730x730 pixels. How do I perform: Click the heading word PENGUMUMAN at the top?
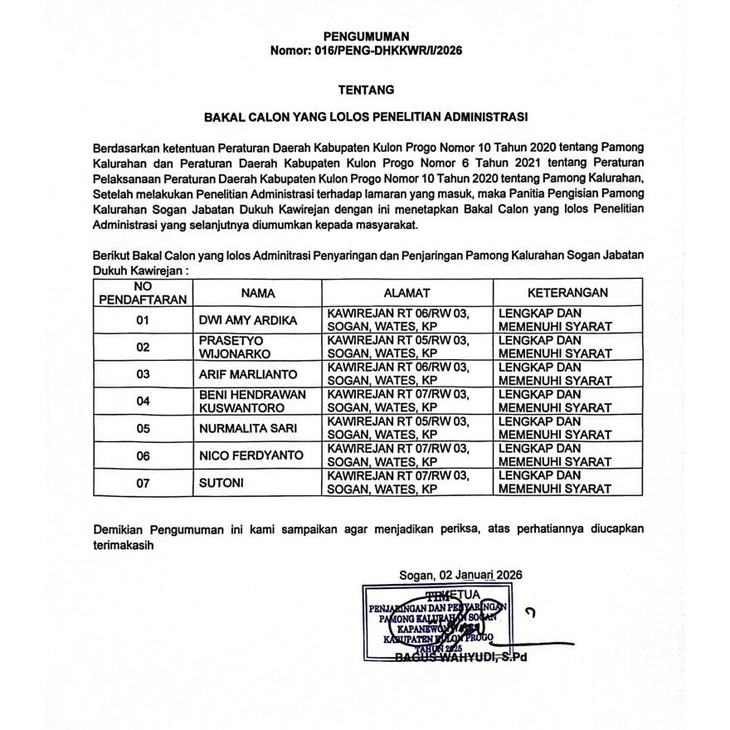366,36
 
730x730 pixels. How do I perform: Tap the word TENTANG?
366,89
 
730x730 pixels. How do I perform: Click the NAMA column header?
258,293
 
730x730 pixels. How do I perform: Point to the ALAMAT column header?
406,293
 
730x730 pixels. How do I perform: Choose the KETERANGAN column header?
567,293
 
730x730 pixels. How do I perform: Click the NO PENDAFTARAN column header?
143,293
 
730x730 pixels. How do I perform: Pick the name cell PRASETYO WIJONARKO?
229,347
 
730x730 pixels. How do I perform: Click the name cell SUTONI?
221,483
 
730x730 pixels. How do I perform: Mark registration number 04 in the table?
143,401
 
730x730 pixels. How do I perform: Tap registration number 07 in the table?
143,483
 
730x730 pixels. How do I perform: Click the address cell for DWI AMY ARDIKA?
398,320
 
